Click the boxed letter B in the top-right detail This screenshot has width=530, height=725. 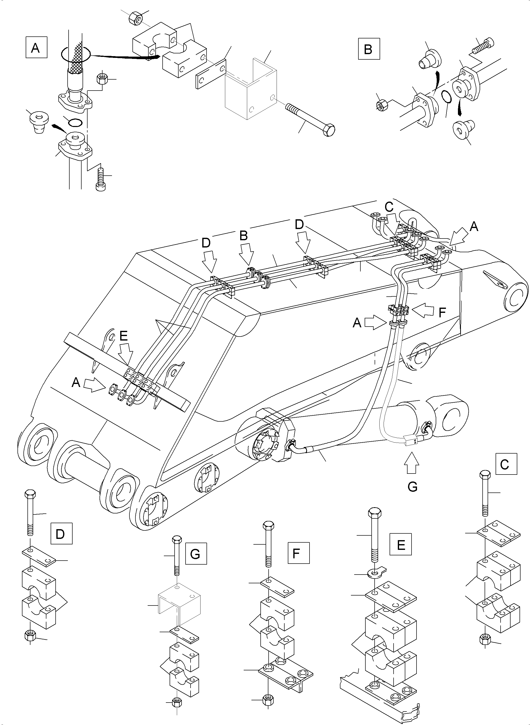click(x=369, y=49)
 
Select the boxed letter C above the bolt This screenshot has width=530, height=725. click(x=506, y=464)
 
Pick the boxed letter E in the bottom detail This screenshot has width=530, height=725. click(x=400, y=545)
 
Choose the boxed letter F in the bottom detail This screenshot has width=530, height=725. click(x=298, y=553)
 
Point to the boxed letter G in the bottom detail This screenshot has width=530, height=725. click(x=196, y=554)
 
